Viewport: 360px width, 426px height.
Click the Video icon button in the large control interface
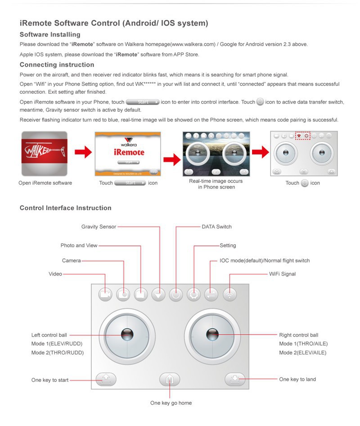coord(106,295)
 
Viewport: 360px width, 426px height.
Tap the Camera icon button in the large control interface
coord(123,295)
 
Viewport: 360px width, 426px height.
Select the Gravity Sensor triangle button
coord(158,295)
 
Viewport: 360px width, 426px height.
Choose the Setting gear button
coord(194,295)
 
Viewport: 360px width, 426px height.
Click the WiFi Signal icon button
coord(229,295)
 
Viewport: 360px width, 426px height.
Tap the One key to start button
coord(106,380)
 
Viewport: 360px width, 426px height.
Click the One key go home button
coord(170,380)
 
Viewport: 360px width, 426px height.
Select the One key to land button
coord(235,380)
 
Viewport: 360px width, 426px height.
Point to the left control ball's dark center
coord(127,334)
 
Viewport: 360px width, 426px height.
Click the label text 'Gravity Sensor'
coord(99,227)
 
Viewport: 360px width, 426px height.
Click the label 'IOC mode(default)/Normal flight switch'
coord(265,261)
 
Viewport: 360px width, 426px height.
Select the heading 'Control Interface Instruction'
coord(66,208)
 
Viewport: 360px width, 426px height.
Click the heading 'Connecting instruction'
coord(57,65)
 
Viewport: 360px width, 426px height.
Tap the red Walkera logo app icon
coord(45,154)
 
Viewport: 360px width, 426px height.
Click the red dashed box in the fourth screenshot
coord(303,135)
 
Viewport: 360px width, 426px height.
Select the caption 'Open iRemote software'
coord(45,183)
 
